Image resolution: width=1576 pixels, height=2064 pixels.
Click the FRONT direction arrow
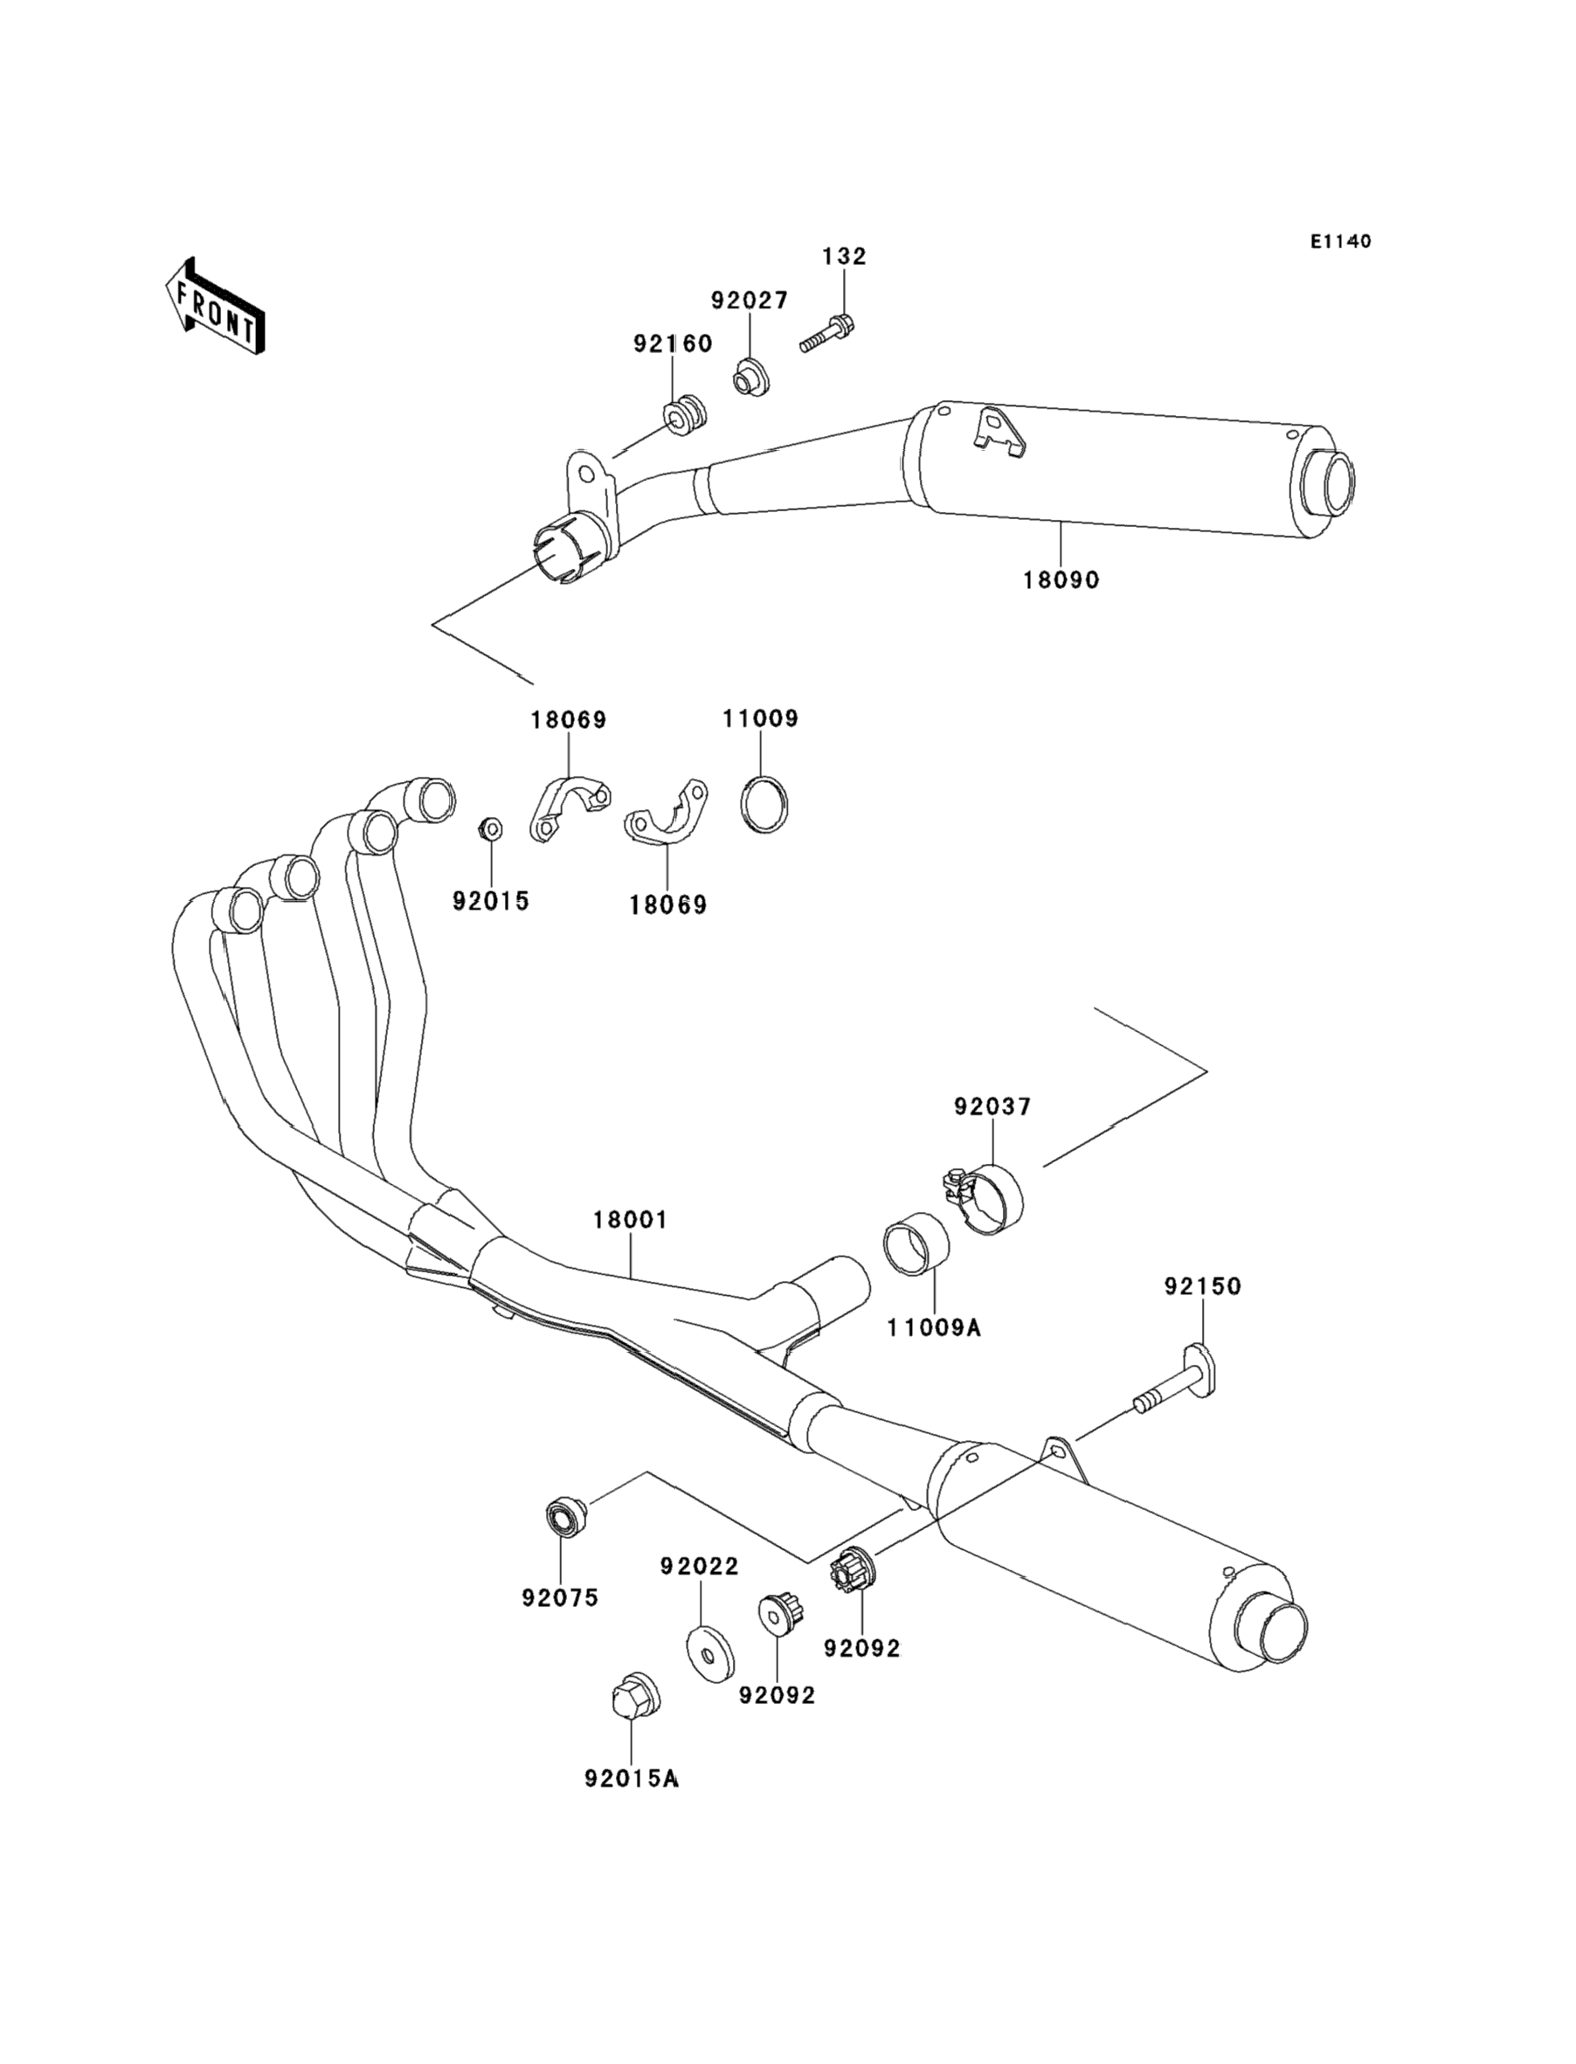coord(215,307)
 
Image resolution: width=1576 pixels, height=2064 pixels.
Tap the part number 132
coord(844,256)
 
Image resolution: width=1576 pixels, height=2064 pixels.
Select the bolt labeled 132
coord(828,336)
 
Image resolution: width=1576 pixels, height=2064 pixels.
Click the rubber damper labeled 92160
coord(684,413)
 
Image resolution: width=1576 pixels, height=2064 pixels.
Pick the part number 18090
coord(1060,580)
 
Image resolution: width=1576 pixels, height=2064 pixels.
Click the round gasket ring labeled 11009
coord(764,805)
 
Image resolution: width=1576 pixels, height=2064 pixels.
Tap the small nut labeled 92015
coord(488,828)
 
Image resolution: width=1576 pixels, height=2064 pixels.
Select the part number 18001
coord(630,1220)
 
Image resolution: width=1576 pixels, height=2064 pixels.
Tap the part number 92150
coord(1203,1286)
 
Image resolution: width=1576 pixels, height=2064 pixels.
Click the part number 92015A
coord(631,1779)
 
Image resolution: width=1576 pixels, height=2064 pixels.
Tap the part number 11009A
coord(933,1327)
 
